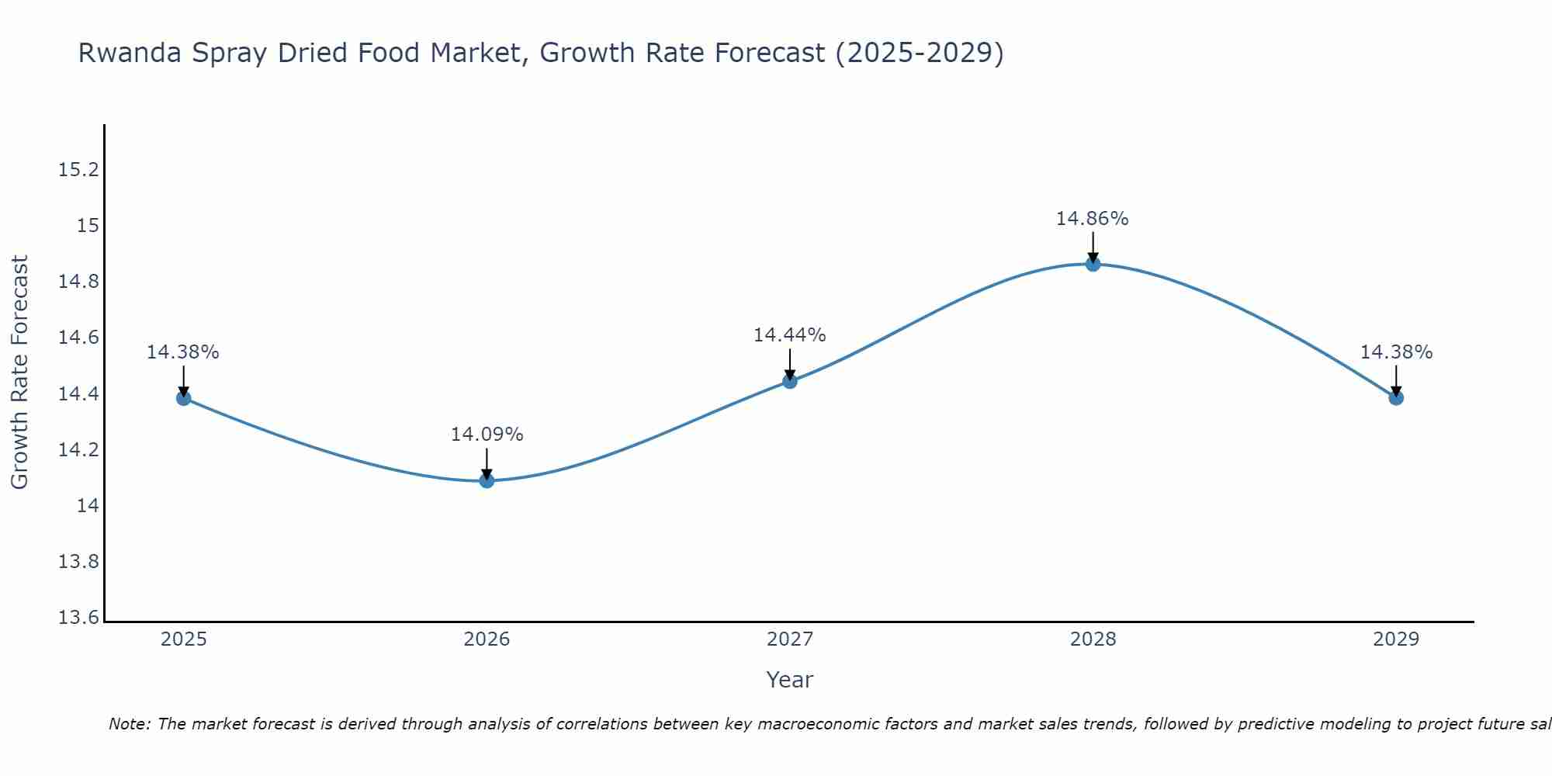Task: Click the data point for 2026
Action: pyautogui.click(x=487, y=480)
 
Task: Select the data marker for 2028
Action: pyautogui.click(x=1093, y=264)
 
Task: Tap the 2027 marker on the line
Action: pyautogui.click(x=790, y=381)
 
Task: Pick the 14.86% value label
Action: pyautogui.click(x=1092, y=219)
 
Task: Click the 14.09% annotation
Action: pyautogui.click(x=487, y=435)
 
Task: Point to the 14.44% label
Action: pyautogui.click(x=789, y=335)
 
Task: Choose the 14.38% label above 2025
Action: pyautogui.click(x=183, y=352)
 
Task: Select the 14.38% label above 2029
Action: pyautogui.click(x=1396, y=352)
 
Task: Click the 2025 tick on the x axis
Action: pyautogui.click(x=183, y=639)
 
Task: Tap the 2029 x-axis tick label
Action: pyautogui.click(x=1396, y=639)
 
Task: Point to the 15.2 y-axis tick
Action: pyautogui.click(x=79, y=170)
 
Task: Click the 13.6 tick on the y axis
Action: pyautogui.click(x=79, y=618)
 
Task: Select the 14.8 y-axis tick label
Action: pyautogui.click(x=79, y=282)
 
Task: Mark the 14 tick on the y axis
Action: pyautogui.click(x=88, y=506)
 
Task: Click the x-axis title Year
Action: pyautogui.click(x=789, y=680)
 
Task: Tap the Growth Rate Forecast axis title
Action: pyautogui.click(x=20, y=372)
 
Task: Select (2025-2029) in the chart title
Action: pyautogui.click(x=919, y=53)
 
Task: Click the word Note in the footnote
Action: pyautogui.click(x=130, y=724)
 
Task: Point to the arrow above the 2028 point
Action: pyautogui.click(x=1093, y=247)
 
